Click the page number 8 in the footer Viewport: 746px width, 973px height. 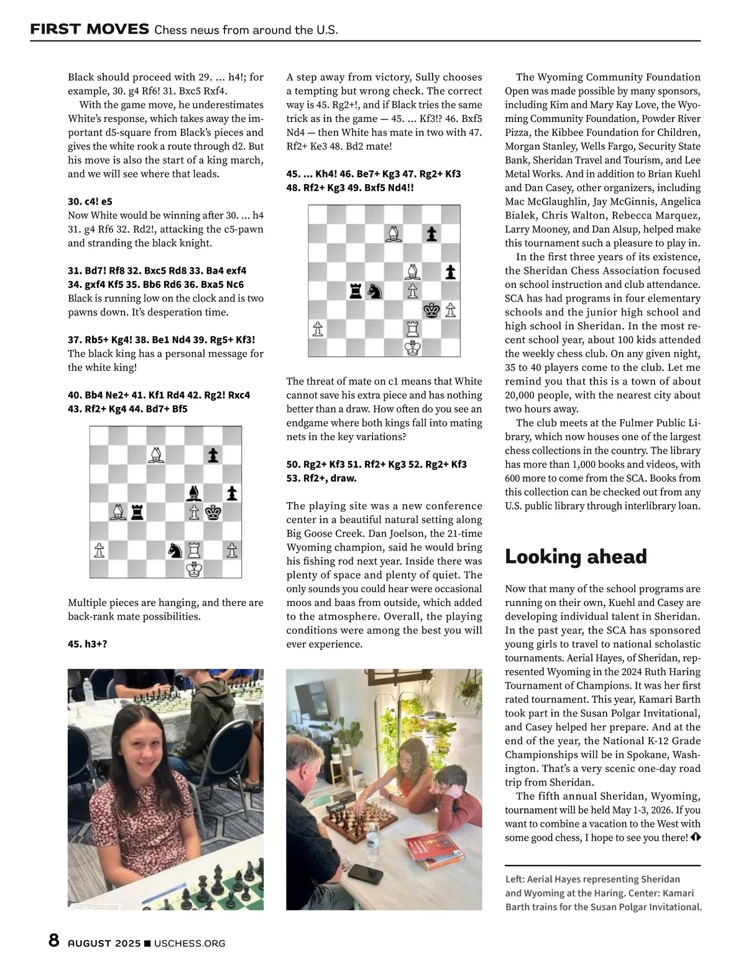pyautogui.click(x=54, y=940)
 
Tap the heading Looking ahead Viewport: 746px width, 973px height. pyautogui.click(x=576, y=556)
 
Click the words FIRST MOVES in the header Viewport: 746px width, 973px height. pyautogui.click(x=90, y=29)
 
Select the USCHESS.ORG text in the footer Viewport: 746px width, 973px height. pyautogui.click(x=190, y=943)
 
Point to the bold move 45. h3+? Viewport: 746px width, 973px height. pyautogui.click(x=87, y=644)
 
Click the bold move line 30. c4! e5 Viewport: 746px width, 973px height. pyautogui.click(x=90, y=202)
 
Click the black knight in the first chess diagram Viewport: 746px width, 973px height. pyautogui.click(x=175, y=550)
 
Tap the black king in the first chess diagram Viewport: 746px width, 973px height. pyautogui.click(x=213, y=512)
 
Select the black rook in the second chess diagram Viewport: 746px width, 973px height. pyautogui.click(x=356, y=290)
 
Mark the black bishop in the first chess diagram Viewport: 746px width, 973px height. pyautogui.click(x=195, y=493)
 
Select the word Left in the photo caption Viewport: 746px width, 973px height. pyautogui.click(x=515, y=879)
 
